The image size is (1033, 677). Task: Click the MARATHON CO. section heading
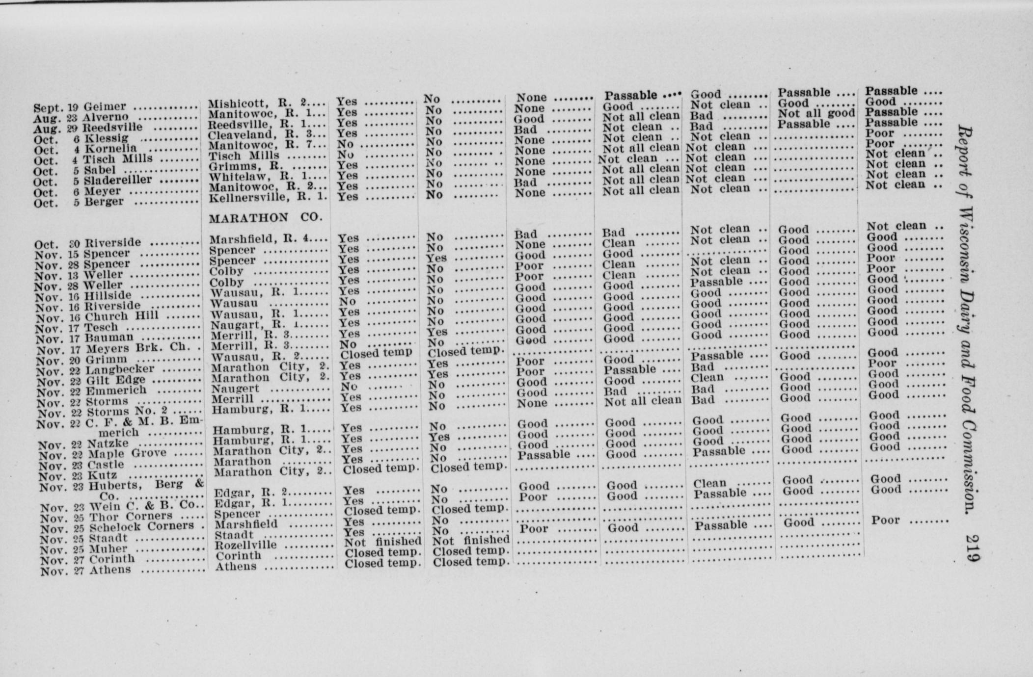click(266, 218)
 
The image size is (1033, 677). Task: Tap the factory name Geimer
click(105, 107)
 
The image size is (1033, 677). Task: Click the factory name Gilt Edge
click(116, 380)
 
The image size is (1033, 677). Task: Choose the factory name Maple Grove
click(127, 454)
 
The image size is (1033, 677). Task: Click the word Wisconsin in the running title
click(965, 245)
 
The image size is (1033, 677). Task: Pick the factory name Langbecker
click(120, 369)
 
